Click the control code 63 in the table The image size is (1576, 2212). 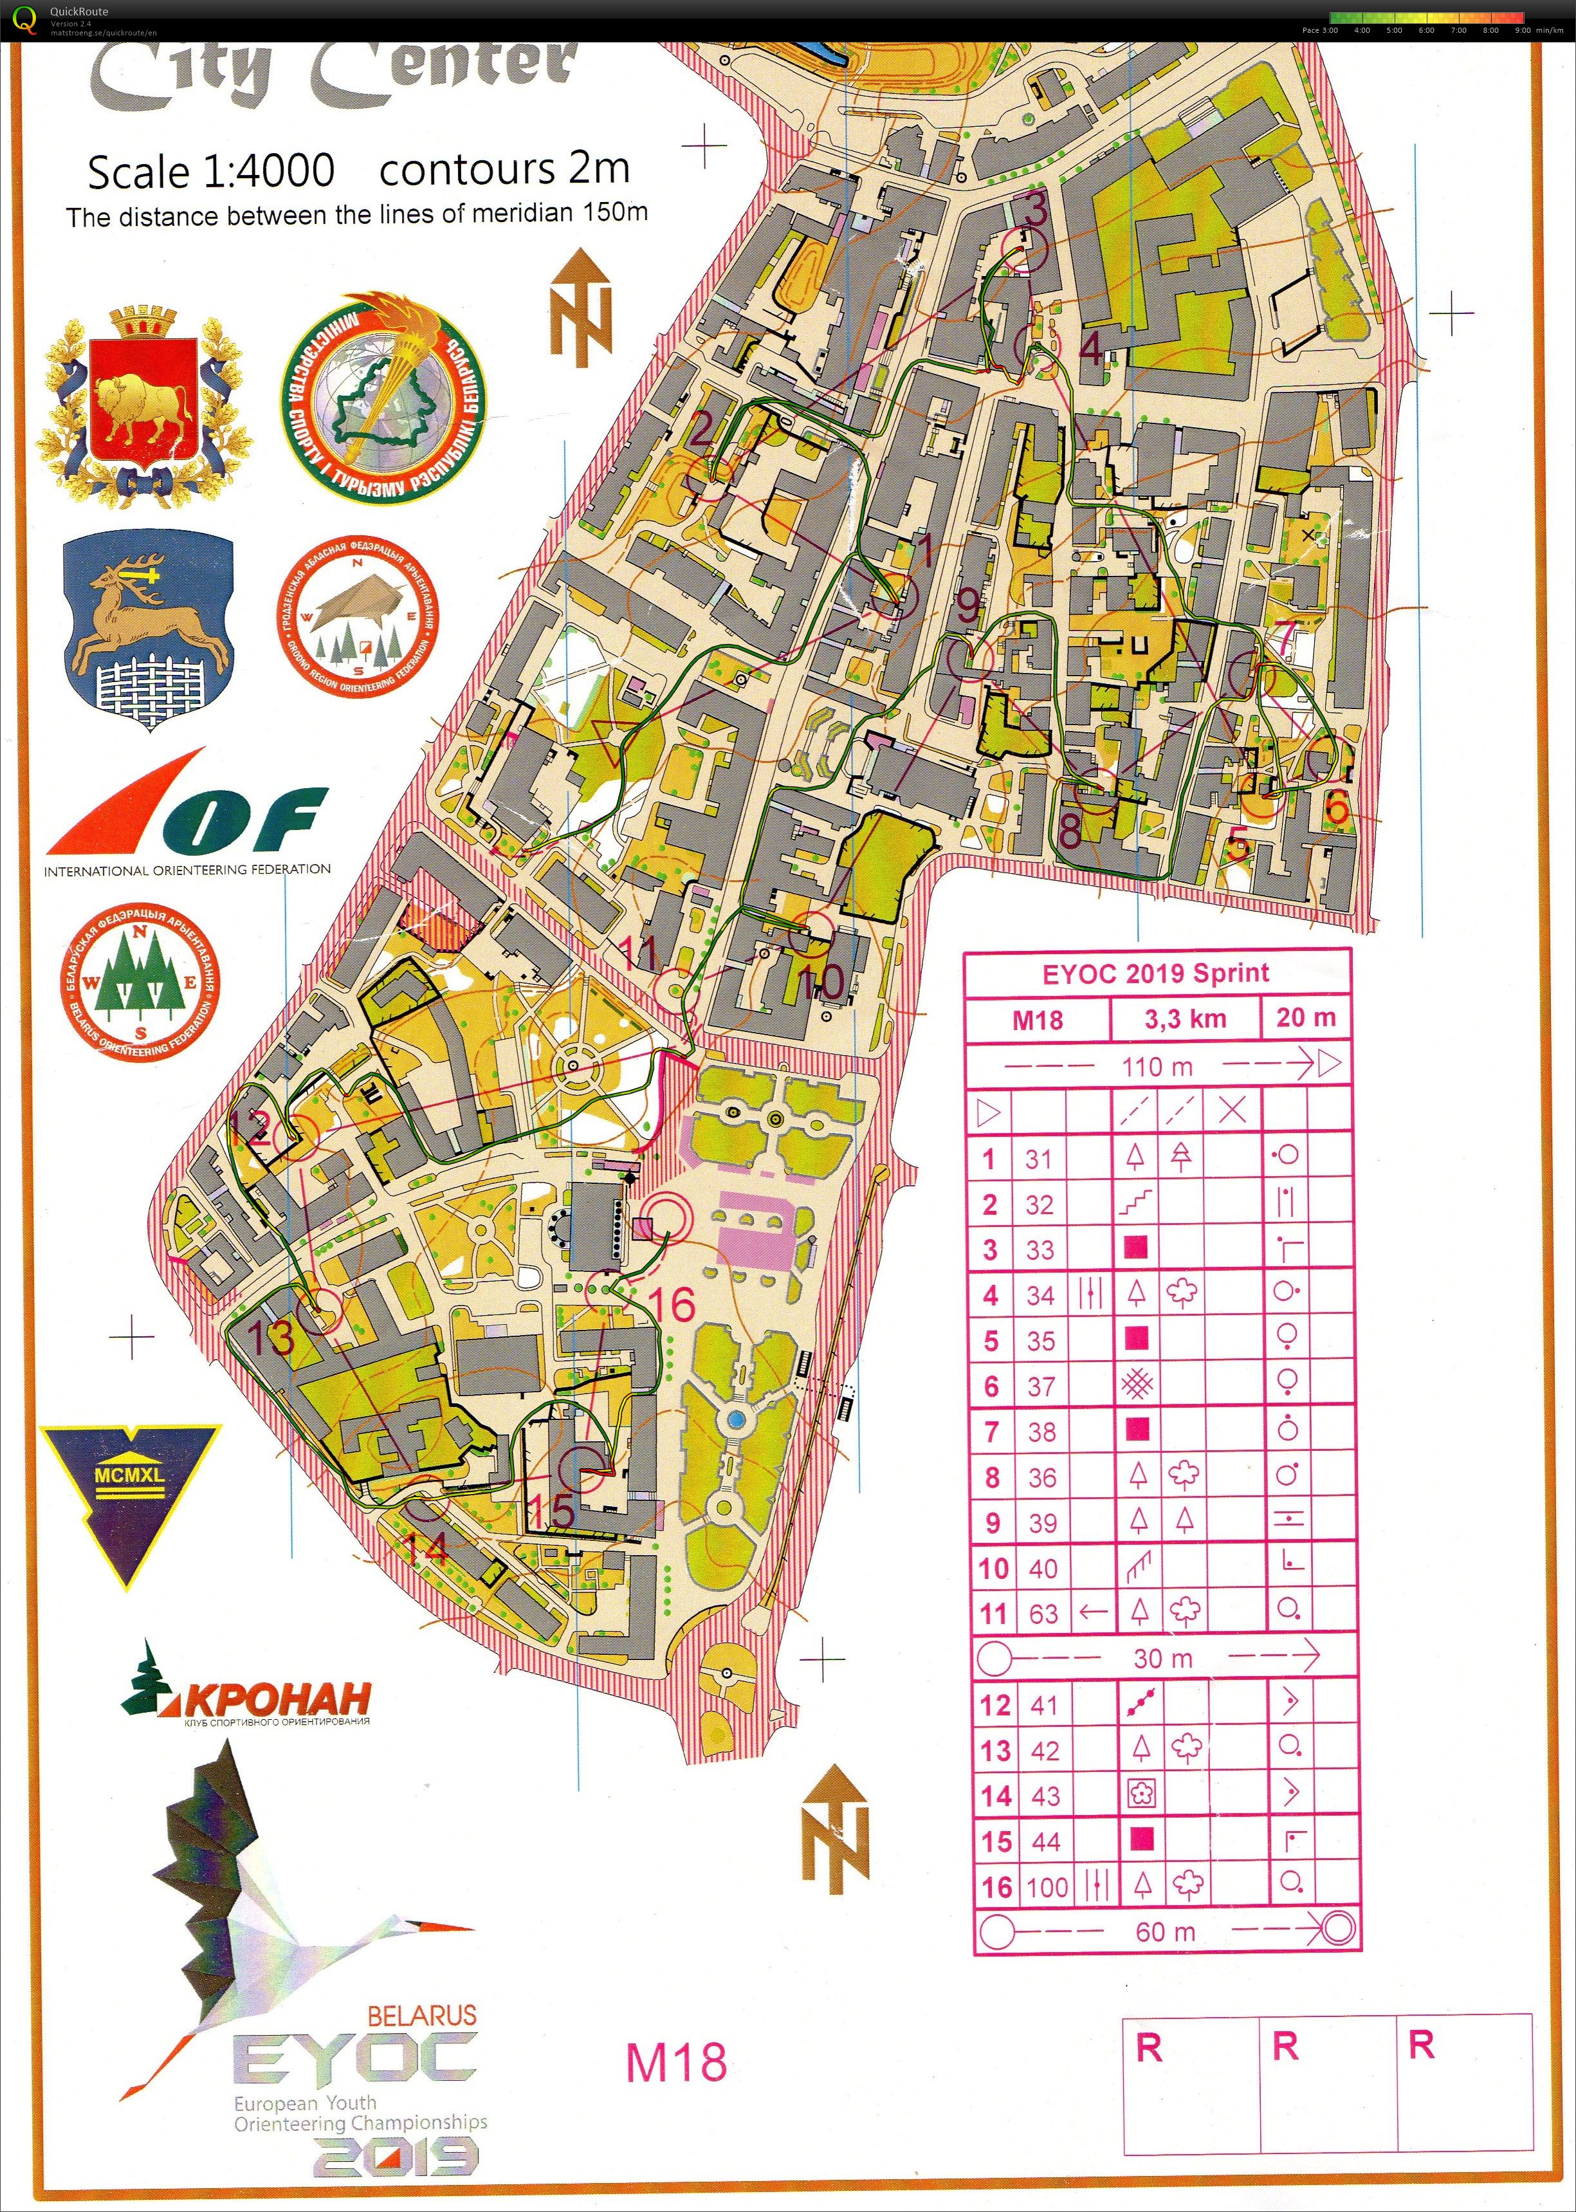(x=1043, y=1612)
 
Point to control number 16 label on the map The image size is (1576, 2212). (x=672, y=1304)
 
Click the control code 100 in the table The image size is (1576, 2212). (x=1047, y=1887)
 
